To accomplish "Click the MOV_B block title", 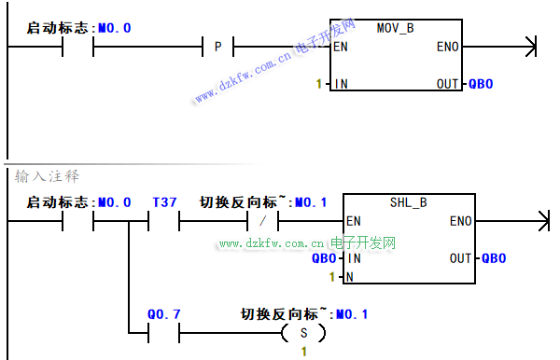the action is click(396, 28).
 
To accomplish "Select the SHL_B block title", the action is click(409, 202).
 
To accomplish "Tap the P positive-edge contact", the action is click(217, 47).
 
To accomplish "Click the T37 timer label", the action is click(164, 202).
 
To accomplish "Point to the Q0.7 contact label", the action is click(164, 314).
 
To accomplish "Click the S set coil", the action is click(303, 333).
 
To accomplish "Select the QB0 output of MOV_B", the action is click(481, 84).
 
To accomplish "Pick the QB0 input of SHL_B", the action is click(324, 258).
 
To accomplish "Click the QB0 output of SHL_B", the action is click(494, 258).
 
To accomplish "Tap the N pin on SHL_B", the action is click(350, 277).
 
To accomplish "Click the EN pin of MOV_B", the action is click(341, 47).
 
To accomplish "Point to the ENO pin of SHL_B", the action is click(461, 221).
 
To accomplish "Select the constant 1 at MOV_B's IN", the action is click(319, 84).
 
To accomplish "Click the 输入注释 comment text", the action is click(47, 176).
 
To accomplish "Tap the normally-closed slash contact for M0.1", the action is click(263, 221).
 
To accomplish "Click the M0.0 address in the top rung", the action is click(115, 28).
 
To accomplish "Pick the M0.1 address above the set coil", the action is click(352, 314).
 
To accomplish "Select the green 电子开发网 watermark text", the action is click(363, 243).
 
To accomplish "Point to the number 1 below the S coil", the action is click(304, 352).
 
